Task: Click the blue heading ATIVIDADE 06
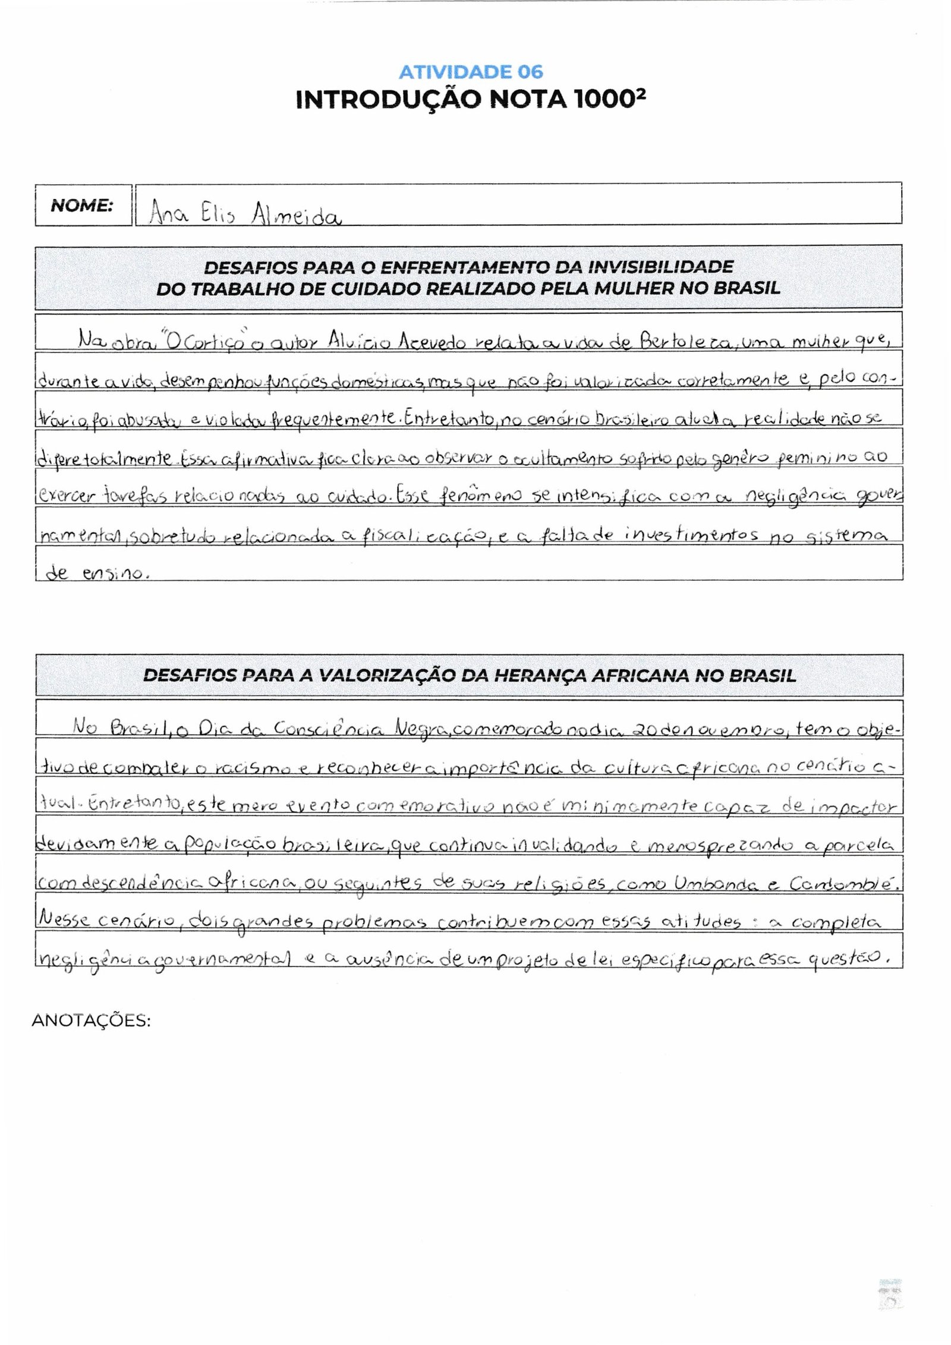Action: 471,72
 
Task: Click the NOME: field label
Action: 82,206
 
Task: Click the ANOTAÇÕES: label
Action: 91,1020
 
